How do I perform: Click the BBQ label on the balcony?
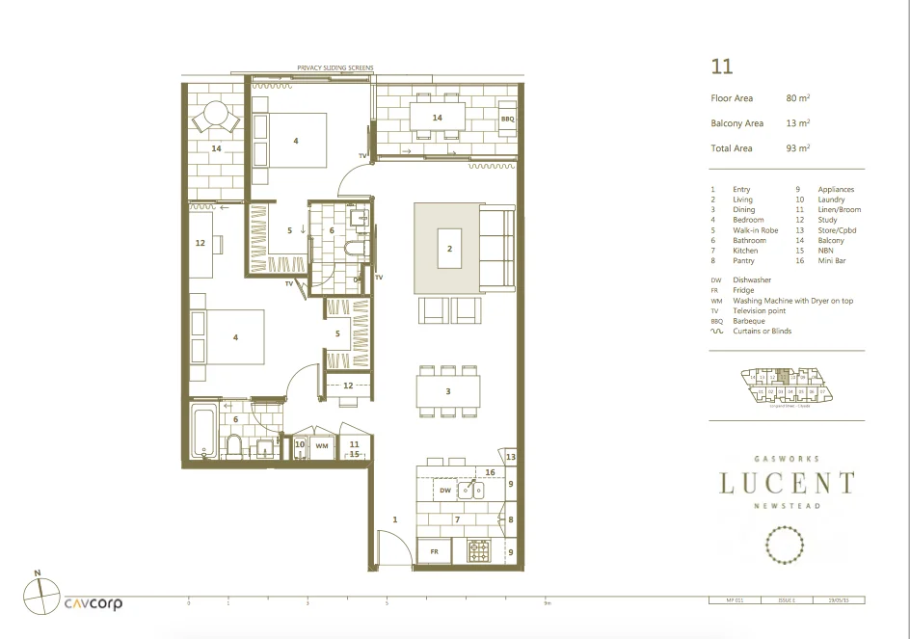coord(507,119)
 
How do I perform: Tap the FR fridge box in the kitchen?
coord(434,552)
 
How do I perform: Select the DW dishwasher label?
coord(444,491)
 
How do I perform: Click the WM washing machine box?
coord(321,446)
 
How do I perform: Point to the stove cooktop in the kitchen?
coord(479,552)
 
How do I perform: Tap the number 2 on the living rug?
coord(448,248)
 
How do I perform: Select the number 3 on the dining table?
coord(448,391)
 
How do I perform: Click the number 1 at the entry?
coord(394,519)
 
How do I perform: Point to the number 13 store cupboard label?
coord(512,457)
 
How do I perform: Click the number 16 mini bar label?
coord(490,472)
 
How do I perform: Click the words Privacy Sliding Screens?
coord(335,68)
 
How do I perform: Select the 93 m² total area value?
coord(797,148)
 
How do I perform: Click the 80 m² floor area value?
coord(797,98)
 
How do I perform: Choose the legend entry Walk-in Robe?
coord(756,230)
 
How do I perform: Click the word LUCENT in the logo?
coord(786,483)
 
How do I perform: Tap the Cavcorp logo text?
coord(94,604)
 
